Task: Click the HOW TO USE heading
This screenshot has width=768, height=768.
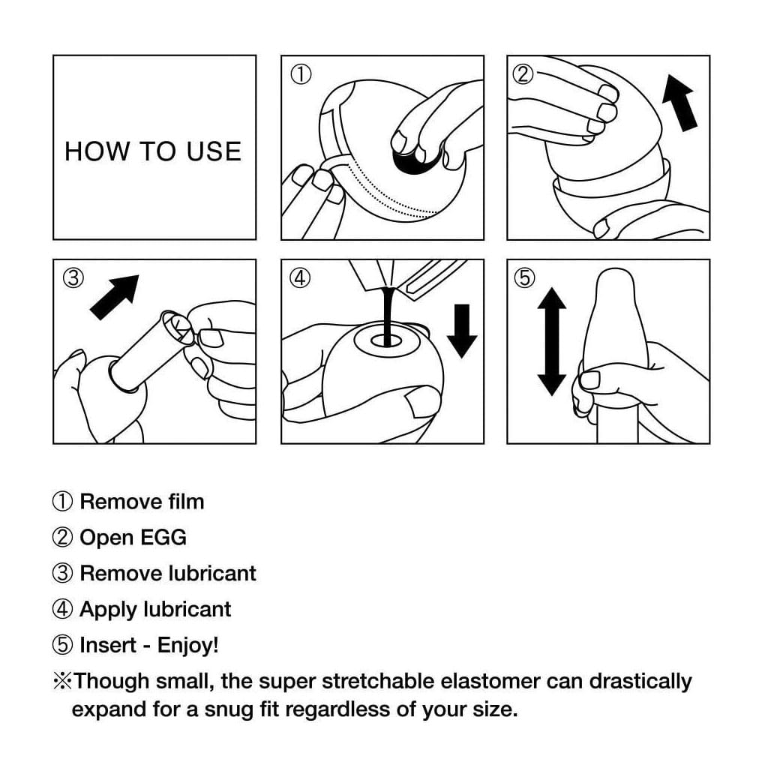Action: pyautogui.click(x=153, y=151)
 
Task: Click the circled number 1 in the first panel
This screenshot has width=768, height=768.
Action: pyautogui.click(x=300, y=74)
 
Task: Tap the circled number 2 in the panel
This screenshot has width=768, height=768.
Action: pyautogui.click(x=523, y=74)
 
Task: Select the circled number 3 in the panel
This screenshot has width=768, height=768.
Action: pyautogui.click(x=73, y=278)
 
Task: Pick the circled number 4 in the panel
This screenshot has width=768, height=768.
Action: pyautogui.click(x=300, y=278)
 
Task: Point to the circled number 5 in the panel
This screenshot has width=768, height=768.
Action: pyautogui.click(x=523, y=278)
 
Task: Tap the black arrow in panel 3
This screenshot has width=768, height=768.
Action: pyautogui.click(x=114, y=298)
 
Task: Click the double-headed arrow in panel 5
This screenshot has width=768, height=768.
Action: pyautogui.click(x=552, y=341)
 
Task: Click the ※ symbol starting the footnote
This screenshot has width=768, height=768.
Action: pyautogui.click(x=62, y=681)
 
